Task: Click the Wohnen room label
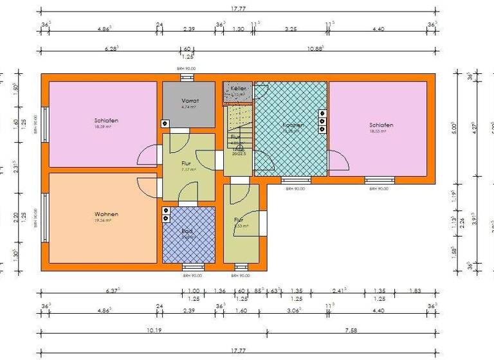(106, 214)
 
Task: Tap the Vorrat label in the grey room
(190, 101)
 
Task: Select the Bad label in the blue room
(188, 231)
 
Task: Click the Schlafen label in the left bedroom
(106, 121)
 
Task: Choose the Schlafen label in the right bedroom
(381, 125)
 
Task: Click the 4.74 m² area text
(188, 107)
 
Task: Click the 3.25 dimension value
(291, 28)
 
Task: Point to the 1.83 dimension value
(415, 290)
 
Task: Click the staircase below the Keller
(239, 120)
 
